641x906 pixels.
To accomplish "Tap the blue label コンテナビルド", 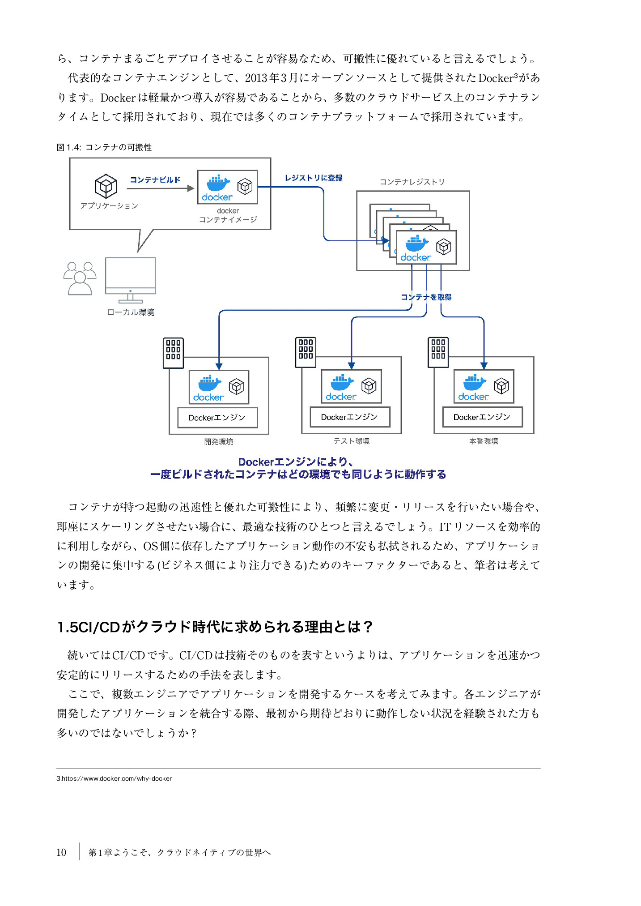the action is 155,179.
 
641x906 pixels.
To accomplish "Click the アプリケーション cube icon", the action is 106,186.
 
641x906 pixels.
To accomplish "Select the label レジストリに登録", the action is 314,178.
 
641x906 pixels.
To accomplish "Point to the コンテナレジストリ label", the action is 412,182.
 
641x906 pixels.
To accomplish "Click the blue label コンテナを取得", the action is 426,297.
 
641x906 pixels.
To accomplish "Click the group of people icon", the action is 80,278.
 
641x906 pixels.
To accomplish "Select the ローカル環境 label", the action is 131,312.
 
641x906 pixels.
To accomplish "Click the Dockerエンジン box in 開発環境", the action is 217,418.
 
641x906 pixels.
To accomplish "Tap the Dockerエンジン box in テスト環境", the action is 350,417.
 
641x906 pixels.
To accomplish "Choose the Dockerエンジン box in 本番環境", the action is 482,417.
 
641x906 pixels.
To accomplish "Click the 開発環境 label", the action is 219,441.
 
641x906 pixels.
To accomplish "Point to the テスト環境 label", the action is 351,441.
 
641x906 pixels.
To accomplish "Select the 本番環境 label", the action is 484,441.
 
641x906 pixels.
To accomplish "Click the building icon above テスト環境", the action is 306,352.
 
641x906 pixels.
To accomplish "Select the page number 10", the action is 61,852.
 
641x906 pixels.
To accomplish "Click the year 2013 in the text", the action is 256,78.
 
